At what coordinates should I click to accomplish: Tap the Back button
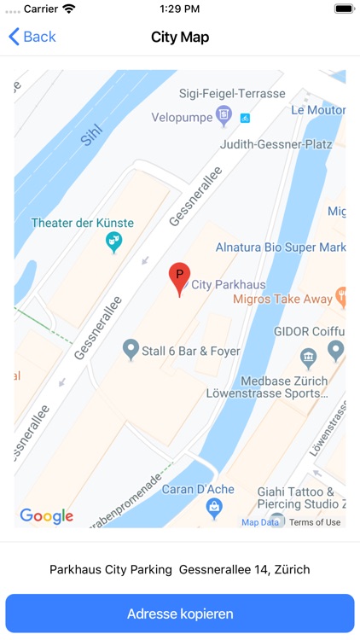point(32,37)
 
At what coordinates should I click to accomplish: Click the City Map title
point(180,37)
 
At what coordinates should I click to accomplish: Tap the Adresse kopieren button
point(180,614)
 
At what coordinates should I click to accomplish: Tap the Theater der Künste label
point(83,223)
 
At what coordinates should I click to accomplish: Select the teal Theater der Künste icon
point(113,243)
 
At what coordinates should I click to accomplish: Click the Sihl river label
point(91,136)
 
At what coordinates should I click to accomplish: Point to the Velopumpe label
point(182,116)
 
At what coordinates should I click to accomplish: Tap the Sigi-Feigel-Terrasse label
point(230,93)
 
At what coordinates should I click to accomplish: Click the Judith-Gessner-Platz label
point(276,144)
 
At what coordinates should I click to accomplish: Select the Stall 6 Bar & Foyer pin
point(131,349)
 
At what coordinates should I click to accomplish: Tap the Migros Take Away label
point(282,299)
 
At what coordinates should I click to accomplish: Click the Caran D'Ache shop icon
point(215,509)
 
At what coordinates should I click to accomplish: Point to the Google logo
point(47,516)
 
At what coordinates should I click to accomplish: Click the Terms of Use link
point(315,522)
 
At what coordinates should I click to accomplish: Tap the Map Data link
point(260,522)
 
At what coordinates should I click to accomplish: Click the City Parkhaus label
point(229,284)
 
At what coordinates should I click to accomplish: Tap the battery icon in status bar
point(344,9)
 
